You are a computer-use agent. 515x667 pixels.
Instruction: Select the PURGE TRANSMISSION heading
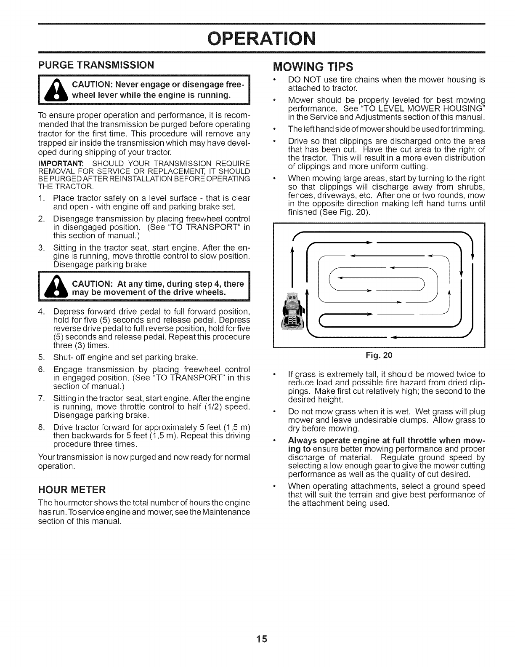click(96, 65)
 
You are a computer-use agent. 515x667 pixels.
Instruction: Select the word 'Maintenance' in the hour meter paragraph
click(228, 512)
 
